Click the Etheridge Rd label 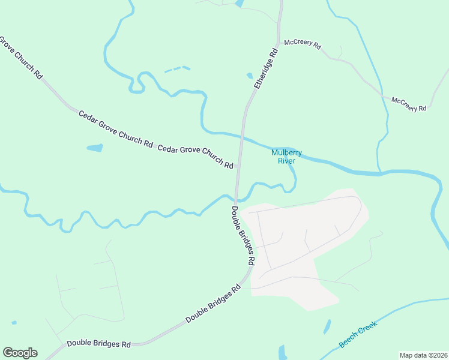click(x=267, y=68)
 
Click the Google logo click(x=20, y=353)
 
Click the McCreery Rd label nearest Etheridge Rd click(x=303, y=44)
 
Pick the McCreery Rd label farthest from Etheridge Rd click(x=409, y=104)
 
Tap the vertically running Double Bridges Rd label click(x=243, y=236)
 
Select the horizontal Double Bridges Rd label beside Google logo click(x=98, y=344)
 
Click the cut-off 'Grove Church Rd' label click(x=21, y=59)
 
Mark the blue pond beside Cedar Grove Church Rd click(x=95, y=148)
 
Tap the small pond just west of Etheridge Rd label click(x=250, y=76)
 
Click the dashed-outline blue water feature click(x=177, y=69)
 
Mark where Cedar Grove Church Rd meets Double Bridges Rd click(x=238, y=166)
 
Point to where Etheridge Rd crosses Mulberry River click(x=242, y=136)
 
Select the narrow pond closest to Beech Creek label click(x=327, y=326)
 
